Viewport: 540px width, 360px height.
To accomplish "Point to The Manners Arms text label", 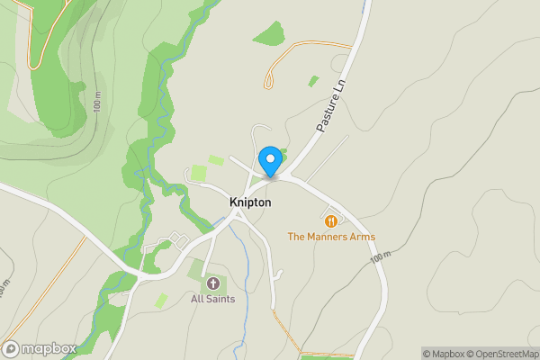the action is (x=331, y=237).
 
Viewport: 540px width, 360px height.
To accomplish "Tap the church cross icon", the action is (x=212, y=283).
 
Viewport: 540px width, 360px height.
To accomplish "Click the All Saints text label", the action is (x=212, y=299).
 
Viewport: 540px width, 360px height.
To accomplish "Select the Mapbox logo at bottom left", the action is (x=39, y=348).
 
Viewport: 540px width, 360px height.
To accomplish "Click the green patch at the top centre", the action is (x=269, y=34).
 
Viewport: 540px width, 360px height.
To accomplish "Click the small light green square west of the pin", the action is (x=216, y=160).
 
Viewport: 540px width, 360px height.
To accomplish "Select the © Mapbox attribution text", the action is (x=444, y=354).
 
